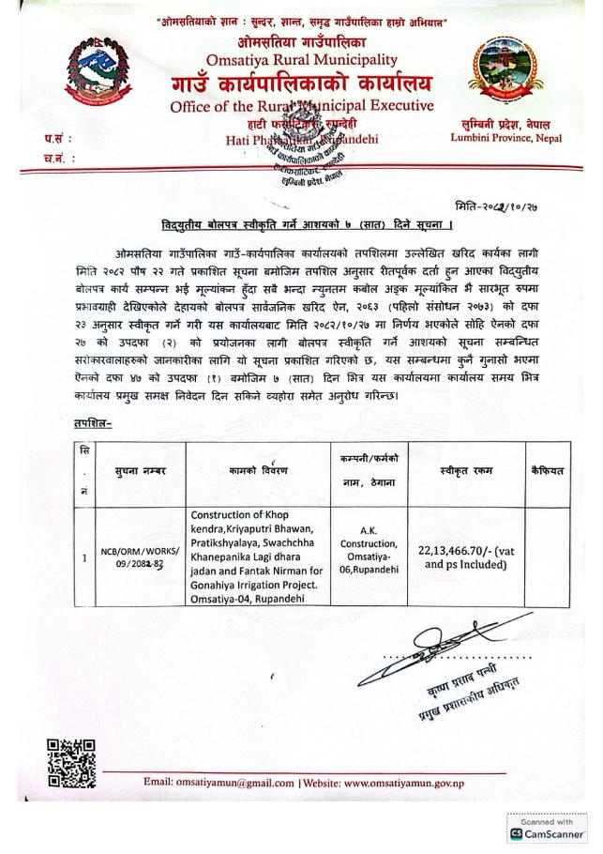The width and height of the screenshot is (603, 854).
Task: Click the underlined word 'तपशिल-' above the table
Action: pos(91,423)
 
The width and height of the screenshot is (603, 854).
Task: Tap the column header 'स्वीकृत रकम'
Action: pos(465,470)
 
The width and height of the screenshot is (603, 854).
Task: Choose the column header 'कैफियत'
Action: pos(547,469)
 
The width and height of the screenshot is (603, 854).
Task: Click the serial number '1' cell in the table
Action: pos(85,558)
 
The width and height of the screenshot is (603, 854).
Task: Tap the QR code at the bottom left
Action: pos(70,763)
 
